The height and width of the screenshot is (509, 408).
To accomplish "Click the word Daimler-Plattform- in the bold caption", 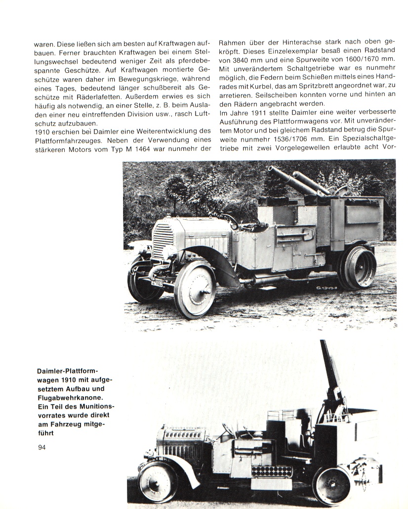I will [68, 371].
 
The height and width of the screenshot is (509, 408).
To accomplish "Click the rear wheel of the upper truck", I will [358, 268].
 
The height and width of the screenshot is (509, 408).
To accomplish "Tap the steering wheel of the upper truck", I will [229, 218].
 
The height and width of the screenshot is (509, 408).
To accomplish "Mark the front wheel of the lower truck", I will [157, 482].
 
